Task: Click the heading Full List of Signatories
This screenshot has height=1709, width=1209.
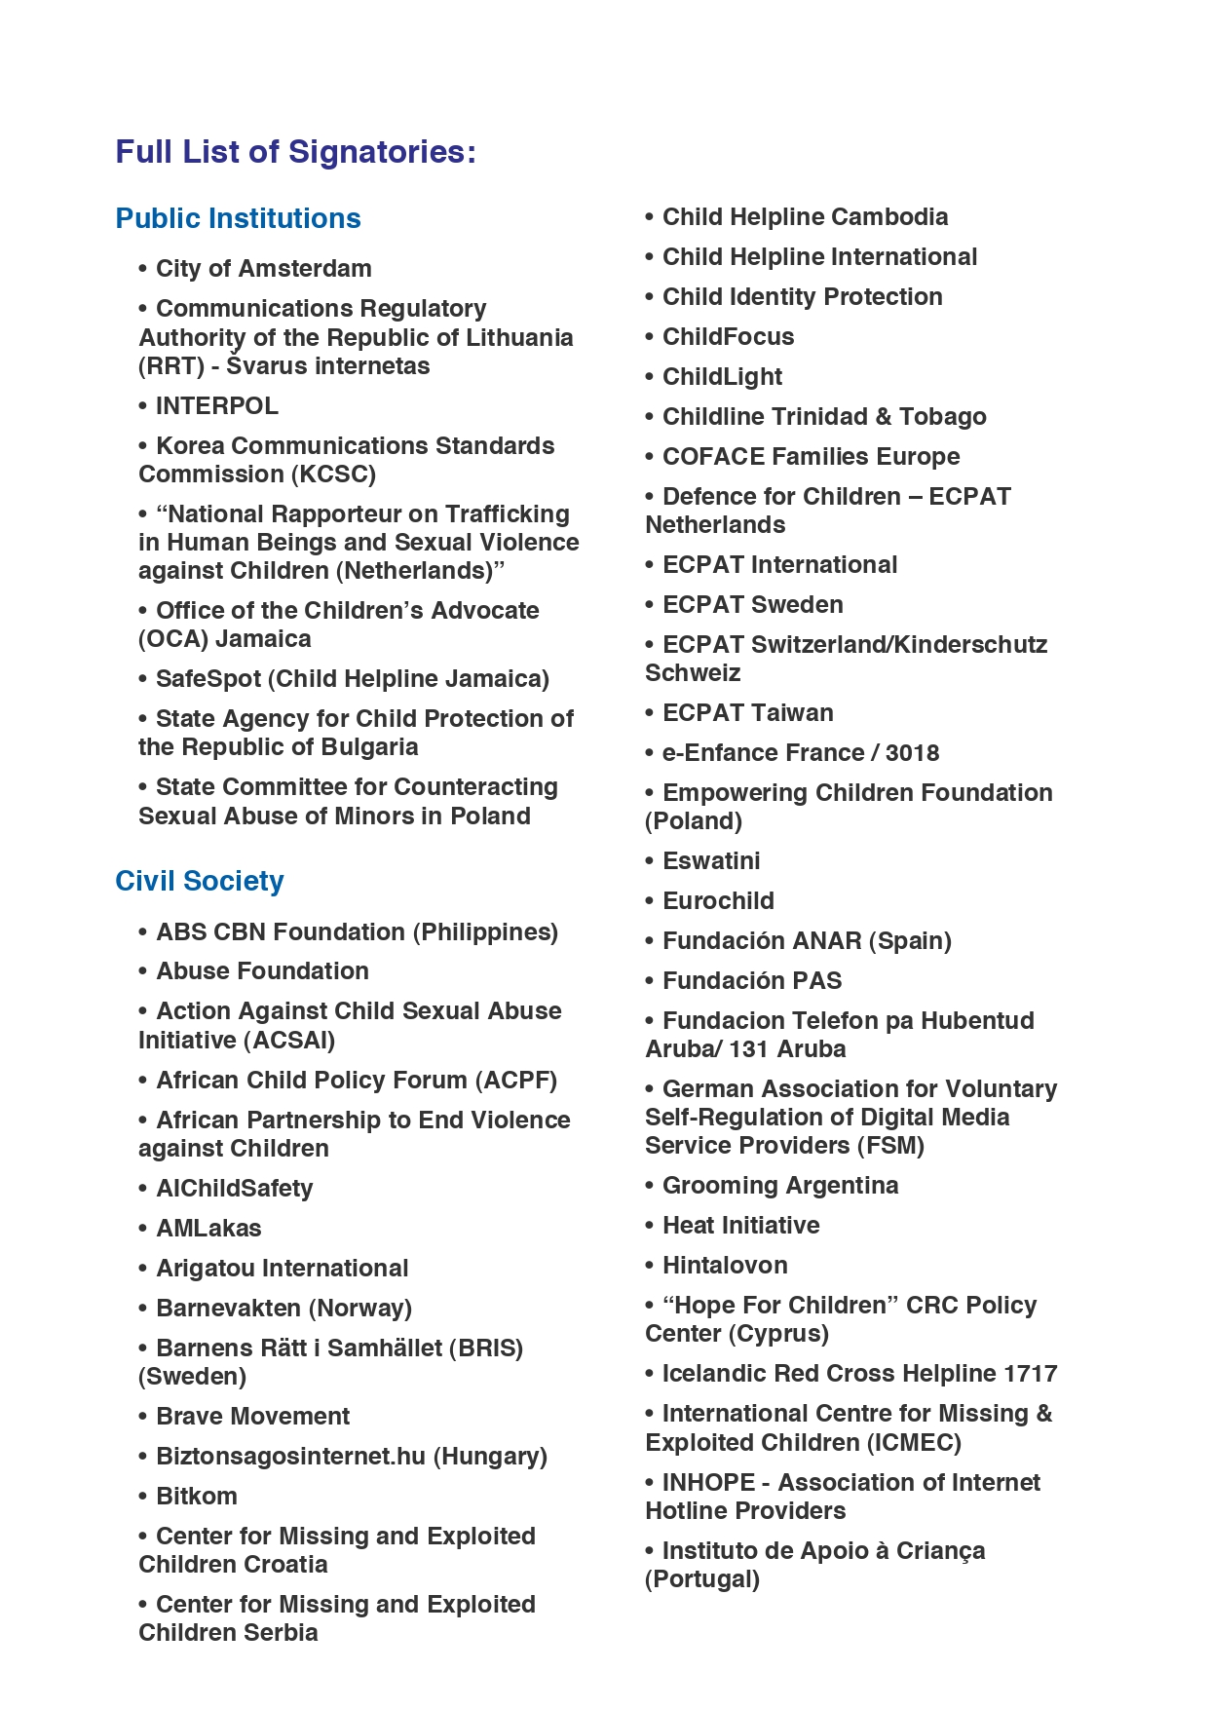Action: tap(295, 152)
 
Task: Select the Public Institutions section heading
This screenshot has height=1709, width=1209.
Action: tap(238, 218)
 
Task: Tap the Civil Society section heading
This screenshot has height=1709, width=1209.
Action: tap(199, 881)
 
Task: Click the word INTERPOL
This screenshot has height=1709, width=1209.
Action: tap(216, 405)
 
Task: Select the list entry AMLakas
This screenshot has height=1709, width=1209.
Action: tap(208, 1229)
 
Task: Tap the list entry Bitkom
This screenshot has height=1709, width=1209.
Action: tap(196, 1497)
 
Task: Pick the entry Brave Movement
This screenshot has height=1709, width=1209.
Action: tap(252, 1417)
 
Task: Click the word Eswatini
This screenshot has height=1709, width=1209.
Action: tap(711, 861)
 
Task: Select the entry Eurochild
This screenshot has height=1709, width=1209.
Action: tap(718, 901)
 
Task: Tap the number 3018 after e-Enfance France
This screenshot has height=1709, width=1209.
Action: tap(912, 753)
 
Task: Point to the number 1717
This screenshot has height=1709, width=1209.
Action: tap(1030, 1374)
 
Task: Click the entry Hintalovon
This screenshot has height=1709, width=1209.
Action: tap(725, 1266)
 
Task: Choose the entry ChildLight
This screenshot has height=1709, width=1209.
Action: tap(722, 377)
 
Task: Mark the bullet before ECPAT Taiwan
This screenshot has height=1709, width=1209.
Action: tap(650, 714)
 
